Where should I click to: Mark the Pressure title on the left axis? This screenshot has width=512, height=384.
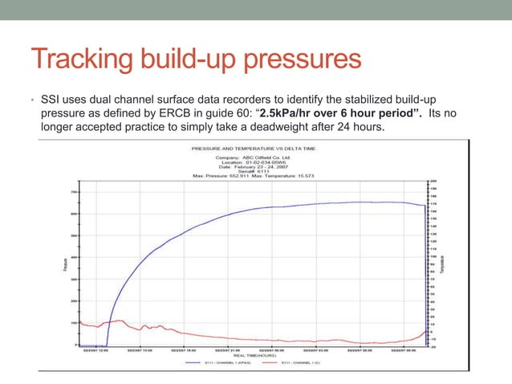(x=64, y=263)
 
